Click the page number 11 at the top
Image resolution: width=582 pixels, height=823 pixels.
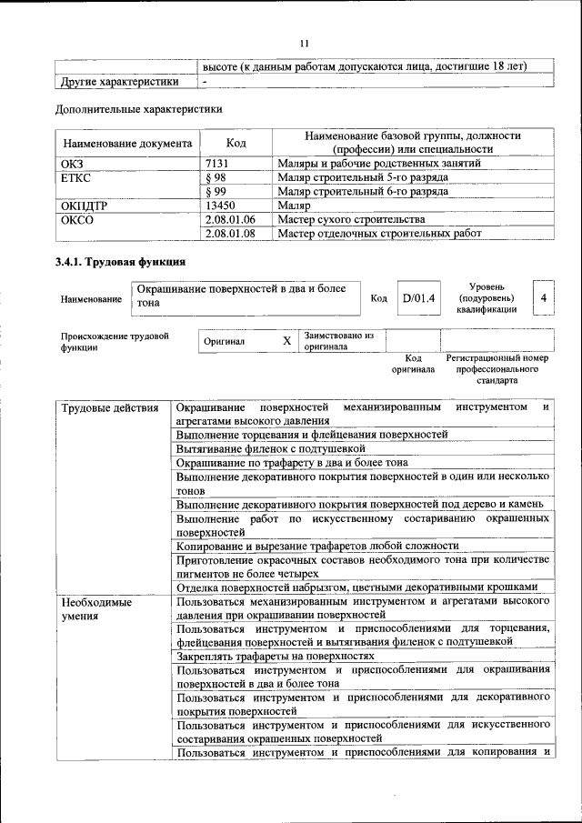(305, 43)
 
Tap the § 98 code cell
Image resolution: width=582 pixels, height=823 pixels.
(216, 178)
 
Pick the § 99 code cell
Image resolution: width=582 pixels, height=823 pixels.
(216, 192)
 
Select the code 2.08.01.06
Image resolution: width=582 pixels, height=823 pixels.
(231, 219)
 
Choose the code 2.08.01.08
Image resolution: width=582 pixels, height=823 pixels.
(231, 233)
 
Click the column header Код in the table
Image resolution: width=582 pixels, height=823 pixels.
(236, 143)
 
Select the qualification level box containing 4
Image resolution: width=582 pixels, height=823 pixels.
(543, 297)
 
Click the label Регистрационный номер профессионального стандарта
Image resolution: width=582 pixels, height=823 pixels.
(497, 369)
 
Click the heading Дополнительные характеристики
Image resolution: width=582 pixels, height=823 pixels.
(139, 109)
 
